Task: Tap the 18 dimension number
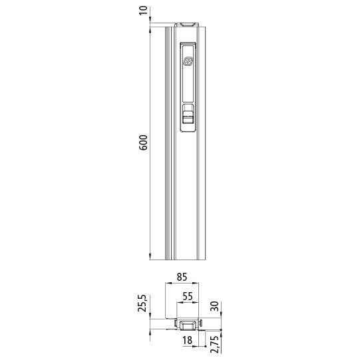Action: pos(188,341)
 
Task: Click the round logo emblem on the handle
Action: pos(188,61)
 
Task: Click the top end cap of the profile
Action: pos(186,24)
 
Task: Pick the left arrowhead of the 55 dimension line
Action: pos(178,304)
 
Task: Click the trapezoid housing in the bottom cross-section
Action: pos(186,324)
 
